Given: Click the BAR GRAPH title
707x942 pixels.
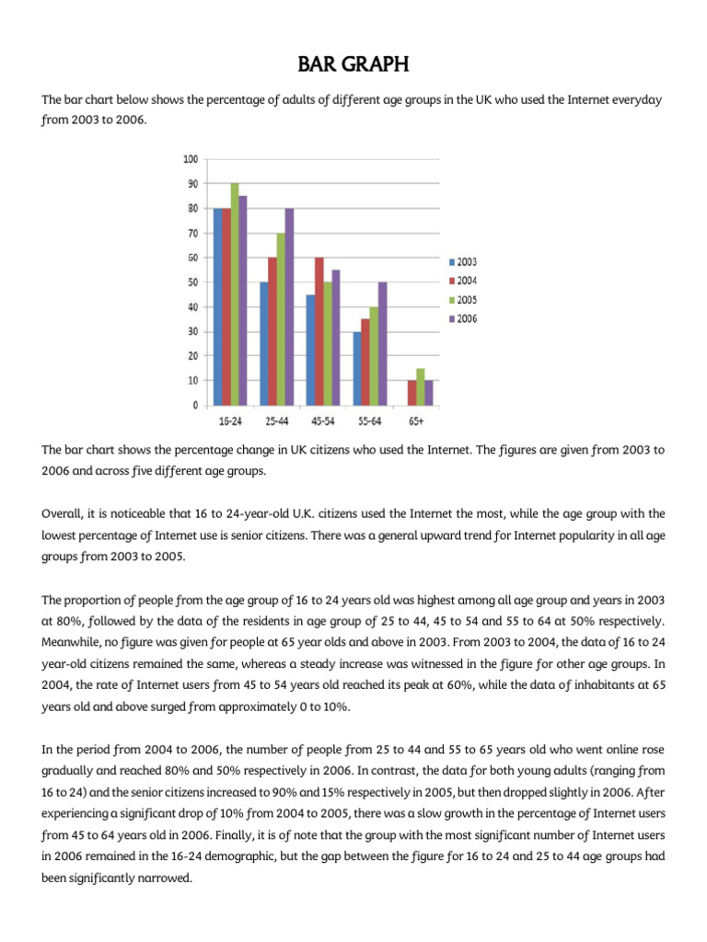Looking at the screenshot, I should coord(353,65).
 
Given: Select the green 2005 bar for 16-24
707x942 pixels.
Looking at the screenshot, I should coord(235,294).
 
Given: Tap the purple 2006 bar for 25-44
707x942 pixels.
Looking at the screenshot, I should coord(290,306).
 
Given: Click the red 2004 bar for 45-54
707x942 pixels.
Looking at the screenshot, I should coord(319,331).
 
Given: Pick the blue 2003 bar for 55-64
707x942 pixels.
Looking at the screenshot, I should coord(356,368).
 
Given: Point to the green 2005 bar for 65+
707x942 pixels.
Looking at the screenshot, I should coord(420,386).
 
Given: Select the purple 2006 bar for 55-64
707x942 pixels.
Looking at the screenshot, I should coord(382,343).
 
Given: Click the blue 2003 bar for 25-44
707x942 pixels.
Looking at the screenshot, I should coord(264,343).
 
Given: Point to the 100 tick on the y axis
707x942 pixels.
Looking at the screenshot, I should coord(191,159).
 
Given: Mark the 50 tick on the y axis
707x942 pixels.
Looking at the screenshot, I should coord(192,282).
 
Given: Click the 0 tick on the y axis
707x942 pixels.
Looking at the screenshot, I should coord(195,405).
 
